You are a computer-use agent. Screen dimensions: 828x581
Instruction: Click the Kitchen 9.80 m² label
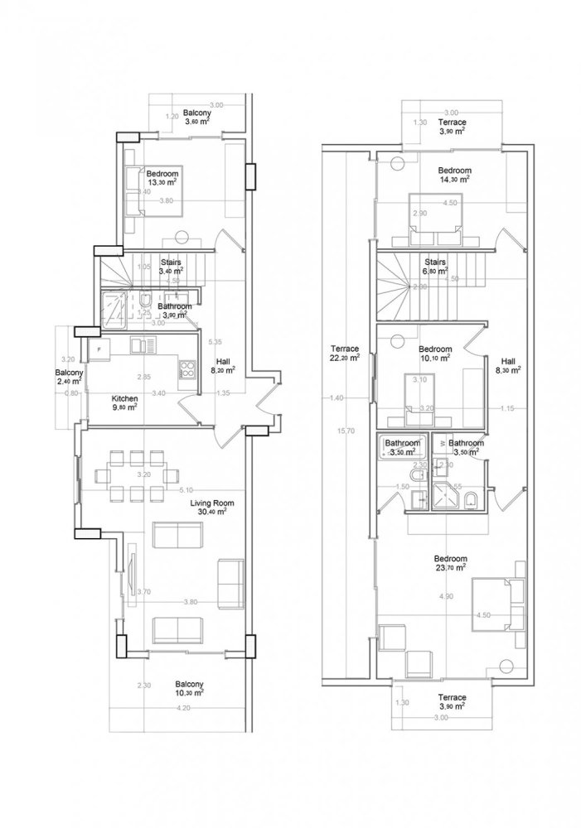(x=124, y=402)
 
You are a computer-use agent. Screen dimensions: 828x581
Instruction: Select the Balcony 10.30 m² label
(x=190, y=689)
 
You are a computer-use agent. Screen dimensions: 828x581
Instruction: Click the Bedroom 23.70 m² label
(x=451, y=563)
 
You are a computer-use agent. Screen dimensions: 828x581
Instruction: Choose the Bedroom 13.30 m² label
(x=162, y=178)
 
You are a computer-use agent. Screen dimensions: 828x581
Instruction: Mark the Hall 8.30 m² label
(x=509, y=366)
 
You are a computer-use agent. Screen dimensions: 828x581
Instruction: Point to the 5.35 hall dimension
(x=215, y=341)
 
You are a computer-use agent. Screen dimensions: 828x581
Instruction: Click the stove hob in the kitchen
(x=186, y=369)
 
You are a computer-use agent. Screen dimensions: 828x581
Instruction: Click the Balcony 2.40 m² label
(x=70, y=378)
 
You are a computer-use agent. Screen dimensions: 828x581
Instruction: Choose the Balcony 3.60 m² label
(x=196, y=117)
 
